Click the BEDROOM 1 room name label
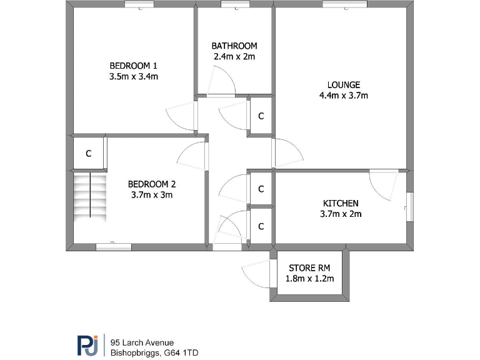click(x=133, y=66)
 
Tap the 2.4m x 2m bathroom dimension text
click(x=234, y=56)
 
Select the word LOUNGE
click(x=343, y=85)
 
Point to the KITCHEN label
click(x=340, y=203)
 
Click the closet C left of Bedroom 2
click(x=88, y=152)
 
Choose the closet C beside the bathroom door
click(x=261, y=116)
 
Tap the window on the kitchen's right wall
click(x=409, y=206)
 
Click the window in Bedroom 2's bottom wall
click(x=113, y=246)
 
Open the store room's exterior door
click(x=256, y=274)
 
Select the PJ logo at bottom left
click(x=87, y=345)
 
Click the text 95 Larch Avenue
click(x=142, y=342)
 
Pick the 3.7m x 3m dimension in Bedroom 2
click(x=151, y=194)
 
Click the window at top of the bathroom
click(x=234, y=4)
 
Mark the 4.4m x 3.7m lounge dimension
click(x=343, y=96)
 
